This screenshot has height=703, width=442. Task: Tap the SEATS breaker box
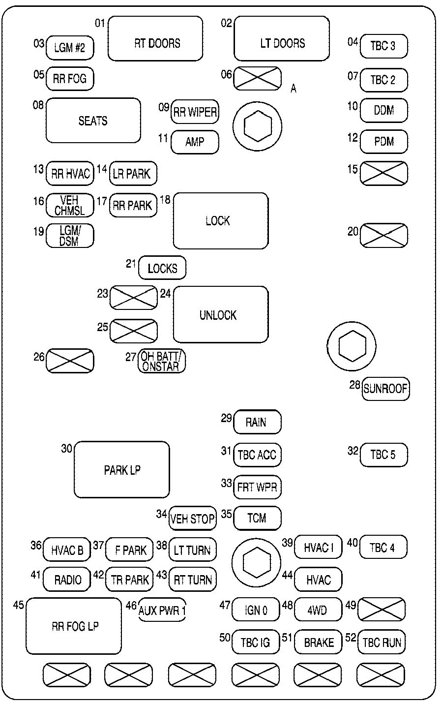(x=93, y=121)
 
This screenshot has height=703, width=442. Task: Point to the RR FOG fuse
(x=70, y=79)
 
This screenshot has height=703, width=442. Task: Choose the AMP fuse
(x=195, y=142)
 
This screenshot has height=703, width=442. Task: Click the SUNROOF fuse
(x=385, y=389)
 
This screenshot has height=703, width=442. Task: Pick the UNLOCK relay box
(x=221, y=314)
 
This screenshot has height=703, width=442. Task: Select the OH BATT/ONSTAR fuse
(x=162, y=361)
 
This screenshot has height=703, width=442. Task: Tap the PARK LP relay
(x=121, y=470)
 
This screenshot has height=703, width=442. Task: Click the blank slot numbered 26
(x=70, y=361)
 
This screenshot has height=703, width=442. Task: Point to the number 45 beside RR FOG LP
(x=19, y=605)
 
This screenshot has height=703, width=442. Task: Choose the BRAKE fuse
(x=318, y=642)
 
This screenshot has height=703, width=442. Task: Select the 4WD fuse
(x=318, y=611)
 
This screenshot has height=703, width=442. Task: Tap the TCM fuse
(x=257, y=518)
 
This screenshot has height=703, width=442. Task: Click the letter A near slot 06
(x=294, y=89)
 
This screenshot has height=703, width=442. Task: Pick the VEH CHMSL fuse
(x=70, y=205)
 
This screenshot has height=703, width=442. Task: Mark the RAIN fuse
(x=257, y=422)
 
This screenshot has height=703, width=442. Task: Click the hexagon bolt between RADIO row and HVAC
(x=257, y=563)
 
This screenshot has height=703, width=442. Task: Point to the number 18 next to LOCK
(x=165, y=199)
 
